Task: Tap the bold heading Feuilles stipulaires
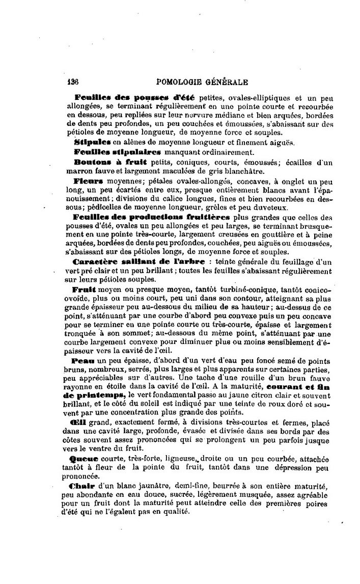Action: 117,151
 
